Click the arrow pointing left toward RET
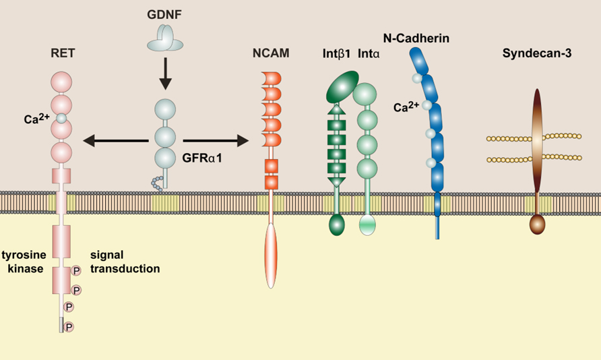coord(115,140)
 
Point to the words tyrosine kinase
coord(24,262)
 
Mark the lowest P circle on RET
coord(68,327)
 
